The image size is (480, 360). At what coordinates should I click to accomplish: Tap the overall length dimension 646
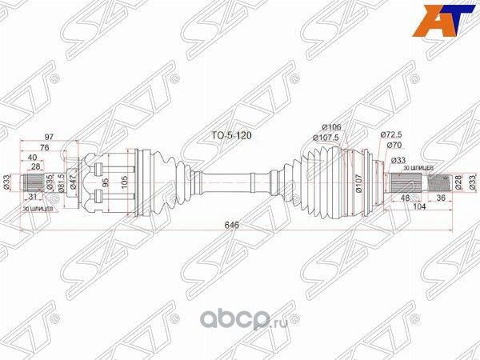[233, 226]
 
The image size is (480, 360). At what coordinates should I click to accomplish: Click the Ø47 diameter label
[74, 182]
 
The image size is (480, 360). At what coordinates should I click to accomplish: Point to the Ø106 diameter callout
[332, 126]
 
